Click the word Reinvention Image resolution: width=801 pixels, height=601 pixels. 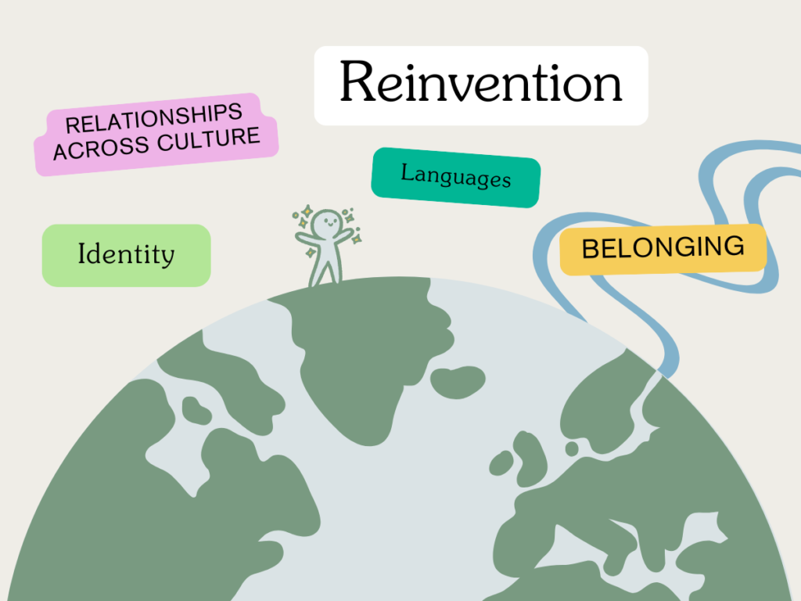(481, 82)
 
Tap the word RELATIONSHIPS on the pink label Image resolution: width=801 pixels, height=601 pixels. (154, 118)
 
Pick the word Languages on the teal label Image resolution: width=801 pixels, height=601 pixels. (456, 176)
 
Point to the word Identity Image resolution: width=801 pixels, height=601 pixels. (126, 254)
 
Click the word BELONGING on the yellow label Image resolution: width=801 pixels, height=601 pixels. (663, 248)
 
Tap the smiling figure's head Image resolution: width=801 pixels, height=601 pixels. (327, 224)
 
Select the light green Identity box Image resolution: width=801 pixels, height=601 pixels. (126, 256)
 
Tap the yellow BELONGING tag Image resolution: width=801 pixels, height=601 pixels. (663, 249)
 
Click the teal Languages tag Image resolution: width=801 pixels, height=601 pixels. (456, 178)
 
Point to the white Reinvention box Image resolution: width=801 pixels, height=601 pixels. (481, 85)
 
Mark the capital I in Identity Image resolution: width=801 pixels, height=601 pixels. (81, 254)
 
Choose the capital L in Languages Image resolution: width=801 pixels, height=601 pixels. (408, 171)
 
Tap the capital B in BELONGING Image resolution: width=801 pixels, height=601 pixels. (591, 249)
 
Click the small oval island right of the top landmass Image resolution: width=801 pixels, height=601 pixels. (458, 382)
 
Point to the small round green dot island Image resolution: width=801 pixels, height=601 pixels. (572, 448)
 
